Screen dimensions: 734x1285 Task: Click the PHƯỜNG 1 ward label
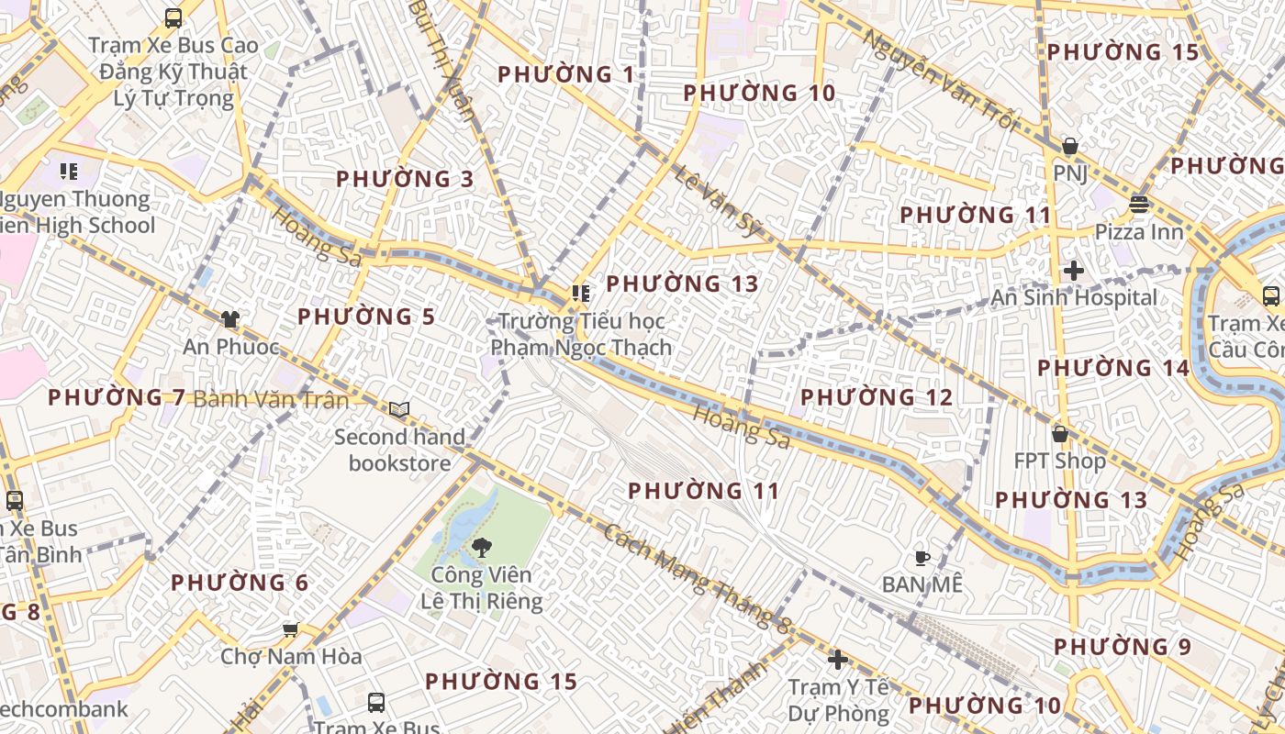(x=565, y=74)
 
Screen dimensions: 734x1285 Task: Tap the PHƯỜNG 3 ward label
(x=405, y=179)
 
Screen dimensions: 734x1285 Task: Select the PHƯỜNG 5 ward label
(x=366, y=317)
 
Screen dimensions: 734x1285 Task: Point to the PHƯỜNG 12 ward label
(x=877, y=397)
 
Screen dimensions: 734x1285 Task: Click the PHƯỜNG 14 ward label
(x=1113, y=368)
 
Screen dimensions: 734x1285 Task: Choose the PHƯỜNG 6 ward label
(x=240, y=583)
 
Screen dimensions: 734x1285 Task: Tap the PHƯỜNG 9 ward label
(x=1123, y=647)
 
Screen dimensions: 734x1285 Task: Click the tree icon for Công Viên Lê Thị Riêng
(x=478, y=548)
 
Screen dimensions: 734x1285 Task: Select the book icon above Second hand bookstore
(x=399, y=409)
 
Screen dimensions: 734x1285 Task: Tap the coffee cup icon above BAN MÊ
(x=922, y=557)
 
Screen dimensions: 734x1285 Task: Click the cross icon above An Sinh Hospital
(x=1074, y=271)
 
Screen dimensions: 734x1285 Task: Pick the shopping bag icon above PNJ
(x=1069, y=146)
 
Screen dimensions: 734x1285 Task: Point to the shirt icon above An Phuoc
(x=229, y=319)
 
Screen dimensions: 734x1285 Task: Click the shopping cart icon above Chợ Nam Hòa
(x=291, y=629)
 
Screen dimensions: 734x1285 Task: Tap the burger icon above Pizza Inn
(x=1139, y=204)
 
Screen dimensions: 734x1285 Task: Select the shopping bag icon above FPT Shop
(x=1060, y=433)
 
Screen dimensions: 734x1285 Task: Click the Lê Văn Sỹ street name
(x=719, y=202)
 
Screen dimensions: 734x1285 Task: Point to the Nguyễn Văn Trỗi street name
(x=941, y=81)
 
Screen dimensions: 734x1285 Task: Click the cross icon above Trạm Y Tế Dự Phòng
(x=837, y=659)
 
